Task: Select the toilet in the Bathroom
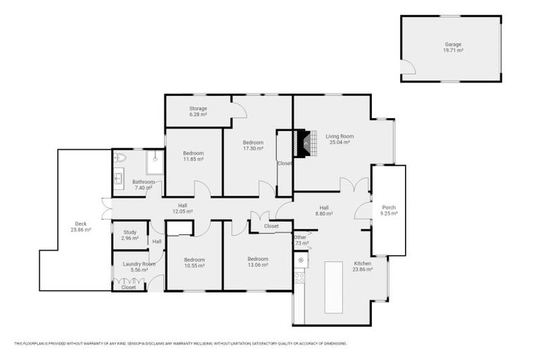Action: point(120,158)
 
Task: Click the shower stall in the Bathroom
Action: point(155,162)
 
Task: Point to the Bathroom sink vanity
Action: point(119,181)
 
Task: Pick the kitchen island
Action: point(333,287)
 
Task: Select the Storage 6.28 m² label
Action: point(198,111)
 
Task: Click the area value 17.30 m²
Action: point(253,148)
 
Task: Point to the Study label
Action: point(129,231)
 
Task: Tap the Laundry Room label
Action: point(134,264)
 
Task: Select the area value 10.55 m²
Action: point(194,266)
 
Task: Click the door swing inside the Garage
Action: point(407,67)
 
